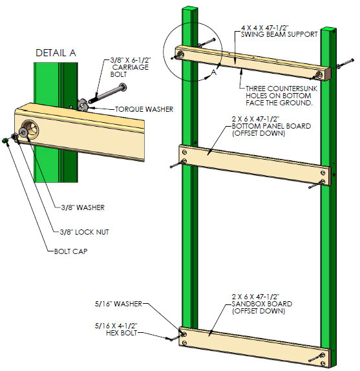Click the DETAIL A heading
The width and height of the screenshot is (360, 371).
point(56,53)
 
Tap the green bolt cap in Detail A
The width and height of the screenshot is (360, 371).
point(5,140)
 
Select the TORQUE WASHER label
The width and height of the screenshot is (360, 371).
point(144,109)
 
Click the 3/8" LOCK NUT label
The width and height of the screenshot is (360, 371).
point(85,232)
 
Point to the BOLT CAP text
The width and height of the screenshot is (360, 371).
point(70,251)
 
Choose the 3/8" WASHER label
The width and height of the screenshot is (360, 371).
point(83,207)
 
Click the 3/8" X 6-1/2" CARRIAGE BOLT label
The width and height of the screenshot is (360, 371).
point(131,67)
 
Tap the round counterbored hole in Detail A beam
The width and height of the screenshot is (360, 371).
point(30,129)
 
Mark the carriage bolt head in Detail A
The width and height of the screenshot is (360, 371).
point(123,87)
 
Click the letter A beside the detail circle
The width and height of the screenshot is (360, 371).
point(214,72)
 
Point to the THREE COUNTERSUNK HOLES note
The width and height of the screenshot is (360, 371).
point(281,96)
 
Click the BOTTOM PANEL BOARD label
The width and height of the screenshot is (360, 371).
point(271,126)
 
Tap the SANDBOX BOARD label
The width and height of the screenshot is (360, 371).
point(262,304)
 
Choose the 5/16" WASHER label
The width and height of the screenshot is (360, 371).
point(118,304)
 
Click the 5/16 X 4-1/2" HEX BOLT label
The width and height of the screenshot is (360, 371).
point(116,329)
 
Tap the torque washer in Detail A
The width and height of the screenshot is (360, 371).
point(83,105)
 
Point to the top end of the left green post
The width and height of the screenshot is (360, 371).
point(190,8)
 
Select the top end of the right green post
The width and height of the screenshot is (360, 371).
point(328,29)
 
